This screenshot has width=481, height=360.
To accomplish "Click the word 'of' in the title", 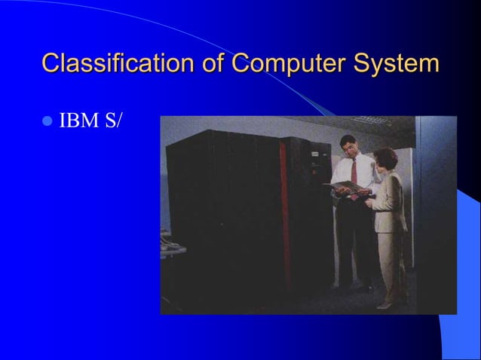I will (x=213, y=63).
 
